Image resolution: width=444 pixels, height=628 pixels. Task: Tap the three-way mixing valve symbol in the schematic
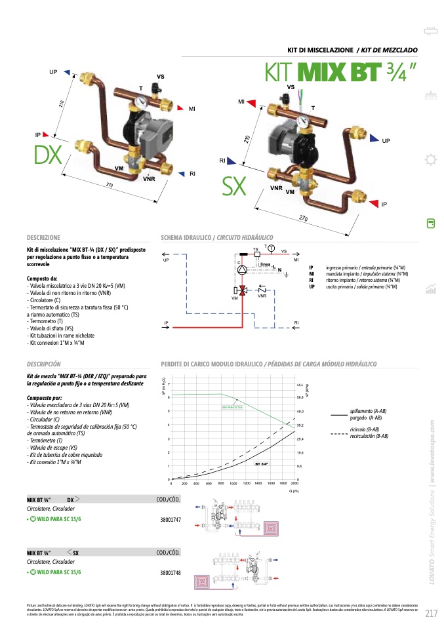(x=241, y=289)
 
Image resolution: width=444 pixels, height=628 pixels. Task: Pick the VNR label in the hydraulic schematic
(x=262, y=296)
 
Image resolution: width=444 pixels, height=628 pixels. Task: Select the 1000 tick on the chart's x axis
(x=233, y=483)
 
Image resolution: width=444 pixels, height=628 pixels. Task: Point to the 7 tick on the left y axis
(x=169, y=383)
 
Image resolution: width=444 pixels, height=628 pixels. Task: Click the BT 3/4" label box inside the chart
(x=262, y=463)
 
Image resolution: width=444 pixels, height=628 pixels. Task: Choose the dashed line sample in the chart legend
(x=338, y=433)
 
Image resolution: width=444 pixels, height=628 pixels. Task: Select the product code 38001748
(x=170, y=572)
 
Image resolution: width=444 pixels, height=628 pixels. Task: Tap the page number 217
(x=431, y=614)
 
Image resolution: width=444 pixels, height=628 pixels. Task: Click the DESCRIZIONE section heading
(x=43, y=238)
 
